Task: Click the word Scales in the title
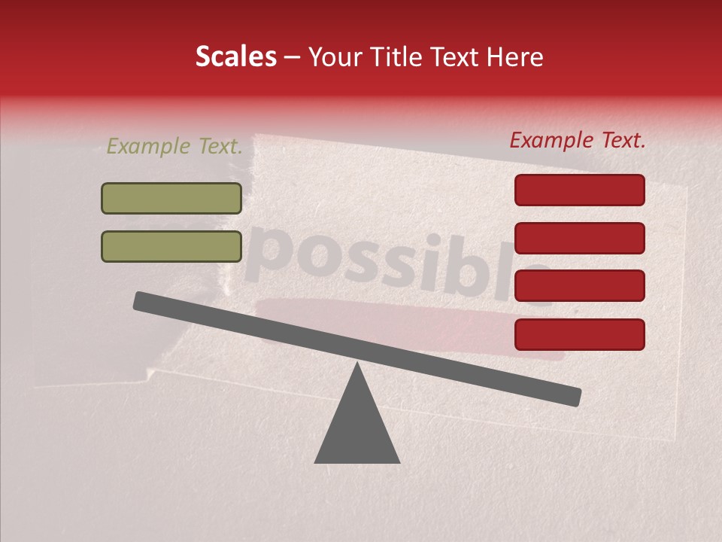click(236, 57)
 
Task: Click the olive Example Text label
click(174, 147)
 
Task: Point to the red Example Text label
click(578, 140)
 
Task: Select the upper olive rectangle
click(171, 198)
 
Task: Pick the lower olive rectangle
click(171, 246)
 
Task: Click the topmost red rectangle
click(579, 190)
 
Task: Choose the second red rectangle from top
click(579, 238)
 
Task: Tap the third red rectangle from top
click(579, 286)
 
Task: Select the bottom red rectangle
click(579, 334)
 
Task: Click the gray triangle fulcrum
click(357, 429)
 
